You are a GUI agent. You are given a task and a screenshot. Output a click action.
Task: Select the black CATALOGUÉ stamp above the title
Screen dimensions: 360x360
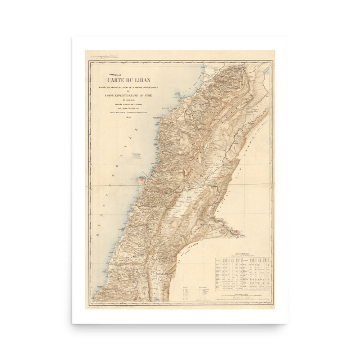pyautogui.click(x=113, y=75)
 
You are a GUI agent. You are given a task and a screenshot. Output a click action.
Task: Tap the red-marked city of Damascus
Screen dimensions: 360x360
pyautogui.click(x=236, y=234)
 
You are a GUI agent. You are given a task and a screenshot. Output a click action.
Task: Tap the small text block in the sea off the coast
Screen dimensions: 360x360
pyautogui.click(x=136, y=156)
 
